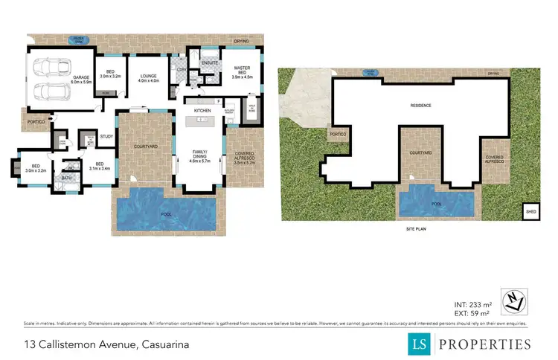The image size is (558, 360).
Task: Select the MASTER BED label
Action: click(x=243, y=72)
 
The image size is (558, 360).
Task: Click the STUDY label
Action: click(x=106, y=137)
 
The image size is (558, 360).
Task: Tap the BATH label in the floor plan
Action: click(x=68, y=179)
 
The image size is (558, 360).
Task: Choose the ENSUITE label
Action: click(x=211, y=62)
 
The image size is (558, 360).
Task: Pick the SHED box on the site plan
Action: click(x=530, y=212)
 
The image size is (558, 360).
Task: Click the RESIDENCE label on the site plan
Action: click(x=420, y=106)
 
